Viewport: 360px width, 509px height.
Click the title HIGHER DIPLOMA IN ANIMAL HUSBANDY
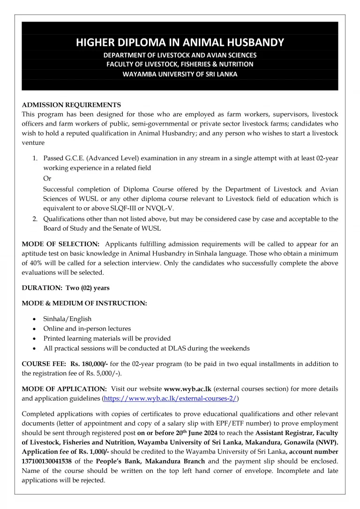tap(180, 43)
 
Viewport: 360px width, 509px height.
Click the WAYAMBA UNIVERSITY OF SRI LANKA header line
tap(180, 74)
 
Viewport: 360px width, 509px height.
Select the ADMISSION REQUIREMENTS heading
tap(71, 105)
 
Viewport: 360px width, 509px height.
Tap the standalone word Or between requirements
tap(47, 179)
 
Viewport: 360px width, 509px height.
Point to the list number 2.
tap(35, 219)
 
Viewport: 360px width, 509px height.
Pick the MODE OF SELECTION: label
tap(60, 244)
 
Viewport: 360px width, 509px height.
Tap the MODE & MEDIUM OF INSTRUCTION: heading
tap(84, 303)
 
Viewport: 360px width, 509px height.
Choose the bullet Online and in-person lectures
tap(87, 329)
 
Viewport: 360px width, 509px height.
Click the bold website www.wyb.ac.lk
tap(187, 389)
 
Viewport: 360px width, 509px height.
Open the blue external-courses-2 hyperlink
tap(171, 399)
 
